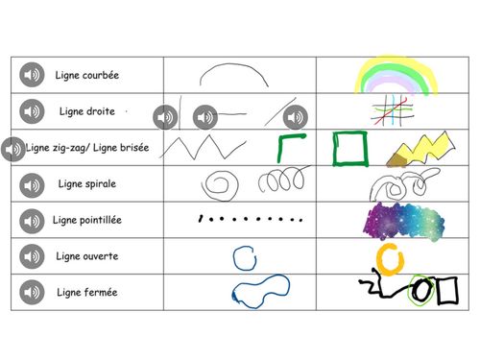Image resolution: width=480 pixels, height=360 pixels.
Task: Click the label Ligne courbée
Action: pyautogui.click(x=88, y=75)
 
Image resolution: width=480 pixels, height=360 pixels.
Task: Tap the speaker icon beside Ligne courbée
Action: pyautogui.click(x=33, y=75)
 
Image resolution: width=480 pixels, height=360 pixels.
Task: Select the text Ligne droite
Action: pyautogui.click(x=86, y=111)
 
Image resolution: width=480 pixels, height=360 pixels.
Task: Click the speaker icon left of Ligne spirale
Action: pyautogui.click(x=33, y=184)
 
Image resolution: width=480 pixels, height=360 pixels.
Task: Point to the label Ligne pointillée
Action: pyautogui.click(x=88, y=220)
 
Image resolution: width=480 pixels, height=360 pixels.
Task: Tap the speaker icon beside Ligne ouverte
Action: pyautogui.click(x=33, y=256)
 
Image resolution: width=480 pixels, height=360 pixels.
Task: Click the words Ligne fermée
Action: pyautogui.click(x=86, y=292)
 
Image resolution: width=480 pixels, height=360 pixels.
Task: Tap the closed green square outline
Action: pyautogui.click(x=348, y=149)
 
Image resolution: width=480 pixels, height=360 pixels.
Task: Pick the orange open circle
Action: pyautogui.click(x=389, y=257)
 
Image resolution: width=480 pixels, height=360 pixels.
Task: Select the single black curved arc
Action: pyautogui.click(x=233, y=75)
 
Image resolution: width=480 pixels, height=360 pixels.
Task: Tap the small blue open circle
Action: pyautogui.click(x=244, y=256)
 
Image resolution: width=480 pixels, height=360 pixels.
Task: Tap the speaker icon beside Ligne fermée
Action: pyautogui.click(x=33, y=292)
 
